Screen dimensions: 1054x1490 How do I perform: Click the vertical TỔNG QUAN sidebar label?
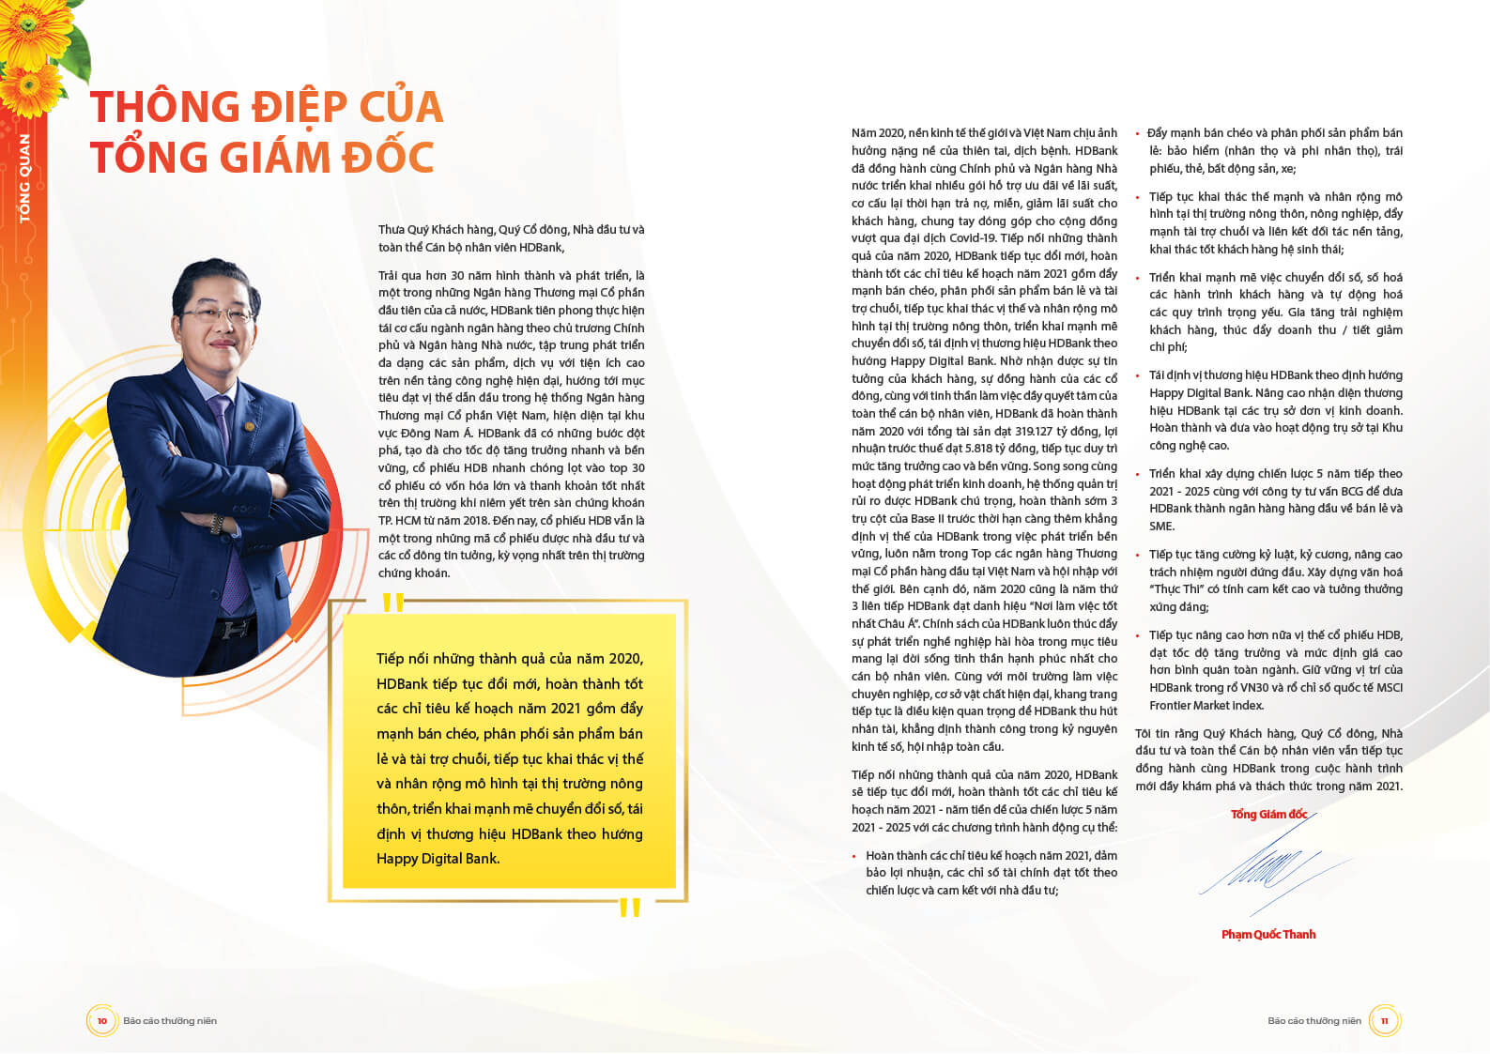click(24, 178)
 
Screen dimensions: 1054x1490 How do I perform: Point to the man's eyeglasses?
click(218, 313)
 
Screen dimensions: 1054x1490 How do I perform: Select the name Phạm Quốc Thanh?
click(1267, 934)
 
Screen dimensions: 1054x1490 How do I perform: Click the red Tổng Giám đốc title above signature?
click(1267, 814)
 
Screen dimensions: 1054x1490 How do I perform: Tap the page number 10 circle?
click(101, 1020)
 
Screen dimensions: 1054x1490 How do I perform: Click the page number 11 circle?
click(1384, 1020)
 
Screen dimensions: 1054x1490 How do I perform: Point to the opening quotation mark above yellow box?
click(392, 603)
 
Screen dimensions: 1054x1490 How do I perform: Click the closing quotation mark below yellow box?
click(629, 907)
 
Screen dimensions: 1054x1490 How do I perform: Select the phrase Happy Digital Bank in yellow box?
click(438, 859)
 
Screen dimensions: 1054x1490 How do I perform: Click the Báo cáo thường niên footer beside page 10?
click(170, 1021)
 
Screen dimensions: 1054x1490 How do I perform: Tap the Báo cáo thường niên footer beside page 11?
click(1313, 1021)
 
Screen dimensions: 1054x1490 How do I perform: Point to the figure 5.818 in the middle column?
click(975, 449)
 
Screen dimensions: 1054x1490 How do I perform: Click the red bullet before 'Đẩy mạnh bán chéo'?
click(1137, 134)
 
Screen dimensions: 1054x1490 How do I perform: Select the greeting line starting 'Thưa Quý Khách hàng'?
click(511, 230)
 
